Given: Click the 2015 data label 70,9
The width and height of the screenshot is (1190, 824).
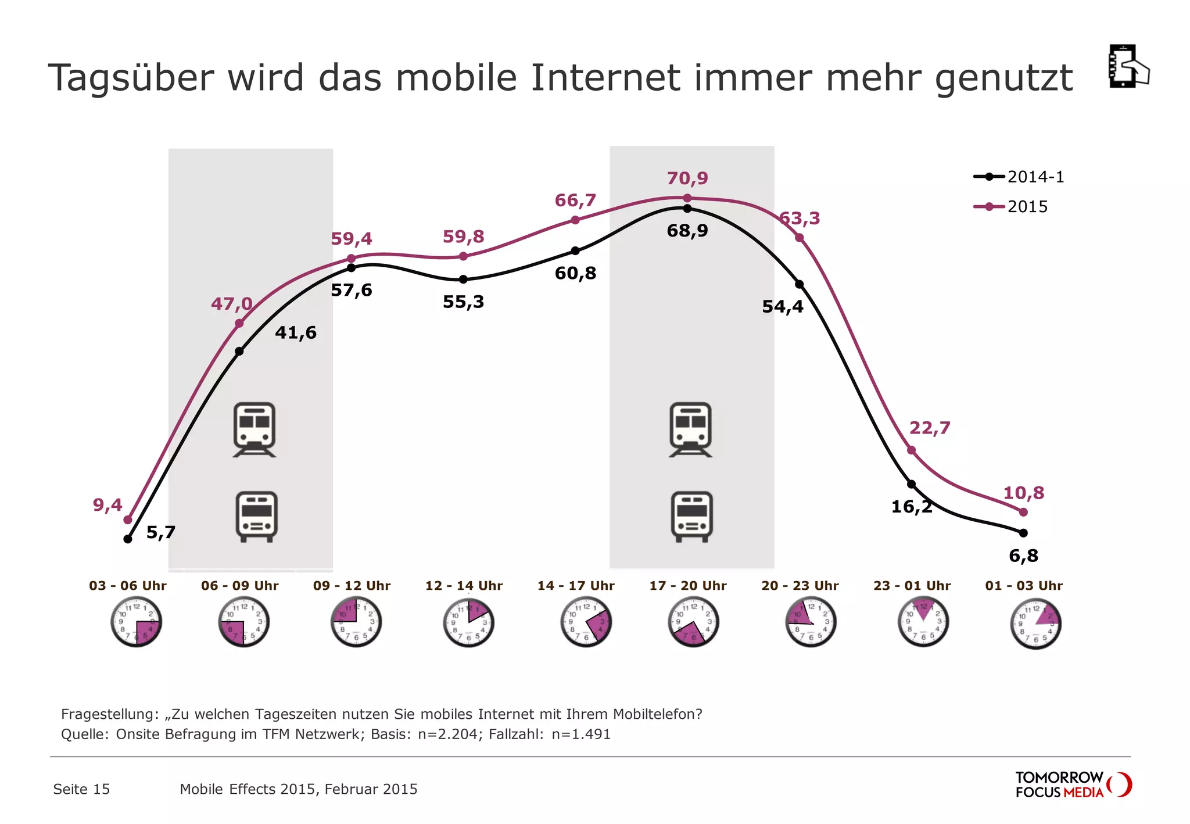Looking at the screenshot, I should point(687,178).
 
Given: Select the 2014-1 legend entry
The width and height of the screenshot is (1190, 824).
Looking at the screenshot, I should point(1020,177).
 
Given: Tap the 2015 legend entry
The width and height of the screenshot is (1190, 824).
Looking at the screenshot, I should point(1012,207).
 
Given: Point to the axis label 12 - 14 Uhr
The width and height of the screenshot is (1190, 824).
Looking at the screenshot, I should point(464,586).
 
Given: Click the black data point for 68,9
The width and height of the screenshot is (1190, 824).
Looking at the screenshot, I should point(687,208).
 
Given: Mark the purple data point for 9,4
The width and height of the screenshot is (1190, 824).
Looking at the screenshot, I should point(128,520).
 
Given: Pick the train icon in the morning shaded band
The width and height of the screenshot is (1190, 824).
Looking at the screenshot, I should point(255,429).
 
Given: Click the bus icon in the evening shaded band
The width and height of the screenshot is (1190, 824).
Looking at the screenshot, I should point(691,517).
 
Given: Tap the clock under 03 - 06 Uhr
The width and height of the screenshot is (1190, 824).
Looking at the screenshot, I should point(136,622).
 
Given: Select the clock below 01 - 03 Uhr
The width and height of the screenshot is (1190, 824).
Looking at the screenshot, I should point(1035,624).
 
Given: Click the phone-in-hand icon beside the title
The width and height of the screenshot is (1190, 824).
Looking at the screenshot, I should point(1128,66).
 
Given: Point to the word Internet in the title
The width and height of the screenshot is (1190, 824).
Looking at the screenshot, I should point(605,78).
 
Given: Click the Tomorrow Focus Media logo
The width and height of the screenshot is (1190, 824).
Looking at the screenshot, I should point(1073,785).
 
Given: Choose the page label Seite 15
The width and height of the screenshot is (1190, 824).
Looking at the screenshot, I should point(81,789).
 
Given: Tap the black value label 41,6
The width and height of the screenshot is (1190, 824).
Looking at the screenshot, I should point(296,332).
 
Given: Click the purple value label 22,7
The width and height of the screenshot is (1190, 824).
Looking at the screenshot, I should point(930,428).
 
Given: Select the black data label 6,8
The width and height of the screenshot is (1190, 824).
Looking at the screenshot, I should point(1023,556).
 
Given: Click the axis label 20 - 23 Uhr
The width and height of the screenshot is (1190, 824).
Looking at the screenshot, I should point(800,586).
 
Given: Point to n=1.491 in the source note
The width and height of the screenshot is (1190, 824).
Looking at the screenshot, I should point(581,735).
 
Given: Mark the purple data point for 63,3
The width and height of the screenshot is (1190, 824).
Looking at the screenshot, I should point(800,238).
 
